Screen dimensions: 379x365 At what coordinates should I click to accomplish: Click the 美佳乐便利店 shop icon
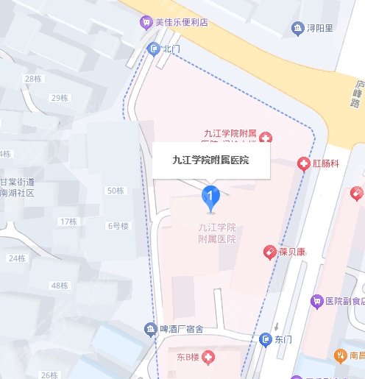pyautogui.click(x=146, y=22)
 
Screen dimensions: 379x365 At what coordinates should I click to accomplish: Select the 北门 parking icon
pyautogui.click(x=154, y=49)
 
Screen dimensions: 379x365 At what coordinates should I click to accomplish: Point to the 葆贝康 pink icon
pyautogui.click(x=270, y=252)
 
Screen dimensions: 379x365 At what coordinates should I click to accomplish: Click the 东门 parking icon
pyautogui.click(x=266, y=339)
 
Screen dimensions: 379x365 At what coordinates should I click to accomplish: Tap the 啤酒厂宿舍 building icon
pyautogui.click(x=151, y=328)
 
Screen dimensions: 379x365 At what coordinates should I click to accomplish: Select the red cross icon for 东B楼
pyautogui.click(x=208, y=358)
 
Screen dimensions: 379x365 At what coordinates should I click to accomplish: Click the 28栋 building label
pyautogui.click(x=33, y=78)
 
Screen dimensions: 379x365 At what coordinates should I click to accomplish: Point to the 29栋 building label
pyautogui.click(x=59, y=98)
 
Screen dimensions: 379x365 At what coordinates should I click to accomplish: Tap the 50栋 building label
pyautogui.click(x=116, y=191)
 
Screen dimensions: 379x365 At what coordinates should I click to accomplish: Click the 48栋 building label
pyautogui.click(x=59, y=286)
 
